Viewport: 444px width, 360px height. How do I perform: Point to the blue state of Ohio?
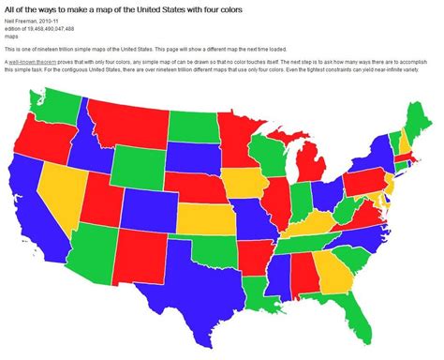pos(326,195)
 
